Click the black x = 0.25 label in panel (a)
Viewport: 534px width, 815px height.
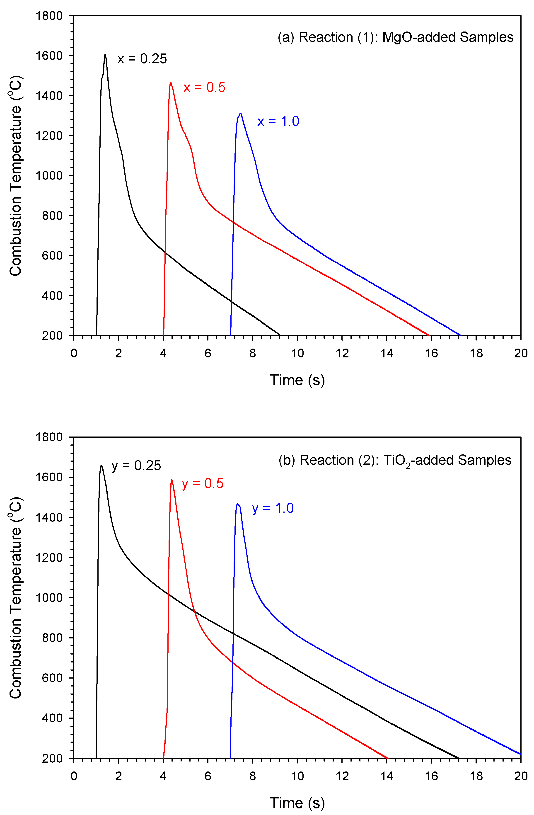tap(142, 59)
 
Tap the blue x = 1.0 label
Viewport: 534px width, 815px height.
tap(278, 121)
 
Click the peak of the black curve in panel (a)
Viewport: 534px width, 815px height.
tap(105, 54)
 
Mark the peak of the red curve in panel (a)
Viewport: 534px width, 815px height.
tap(170, 82)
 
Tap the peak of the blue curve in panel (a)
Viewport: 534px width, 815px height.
tap(241, 113)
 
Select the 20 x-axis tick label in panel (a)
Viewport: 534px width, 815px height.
tap(521, 353)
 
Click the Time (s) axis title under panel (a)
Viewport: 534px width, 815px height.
tap(297, 380)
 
